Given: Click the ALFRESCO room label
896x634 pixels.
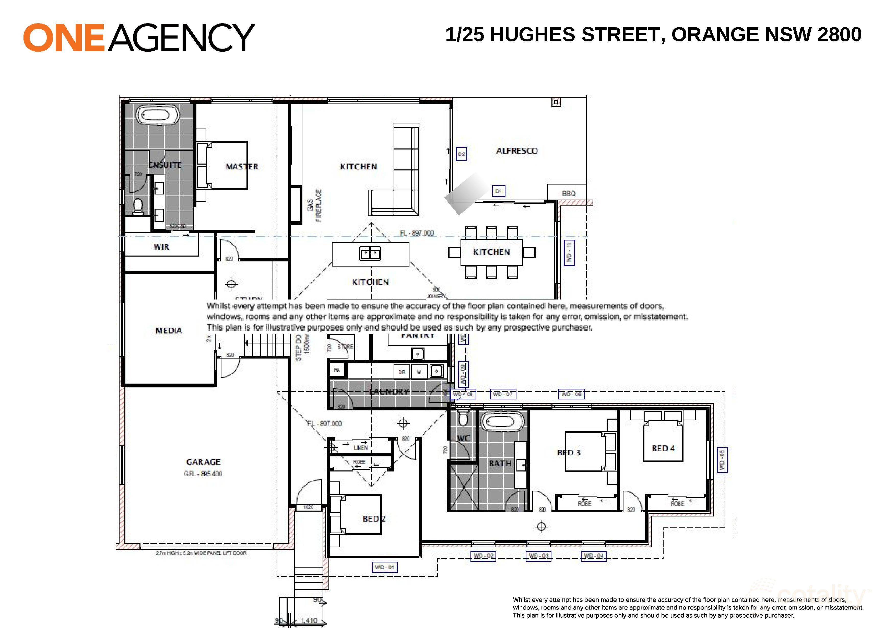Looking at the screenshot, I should pos(517,151).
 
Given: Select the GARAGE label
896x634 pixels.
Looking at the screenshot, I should pos(203,462).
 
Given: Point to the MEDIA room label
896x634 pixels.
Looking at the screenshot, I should pos(169,331).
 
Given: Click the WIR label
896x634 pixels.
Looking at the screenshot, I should pos(161,247).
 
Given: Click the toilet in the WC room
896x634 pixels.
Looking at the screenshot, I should pos(463,419).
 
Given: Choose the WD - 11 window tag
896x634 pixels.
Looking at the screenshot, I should pos(569,252).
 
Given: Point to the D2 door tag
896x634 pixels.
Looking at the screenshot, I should pos(461,154).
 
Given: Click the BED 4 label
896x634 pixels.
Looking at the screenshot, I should pos(663,448).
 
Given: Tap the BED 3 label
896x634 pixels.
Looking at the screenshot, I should pos(569,453).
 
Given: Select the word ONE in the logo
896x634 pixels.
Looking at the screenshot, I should pos(64,38).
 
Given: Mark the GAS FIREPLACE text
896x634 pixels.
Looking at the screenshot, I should pos(314,205).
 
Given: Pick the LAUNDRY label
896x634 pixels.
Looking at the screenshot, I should pos(389,391).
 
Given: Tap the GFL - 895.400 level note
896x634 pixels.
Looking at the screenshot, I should pos(203,474).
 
